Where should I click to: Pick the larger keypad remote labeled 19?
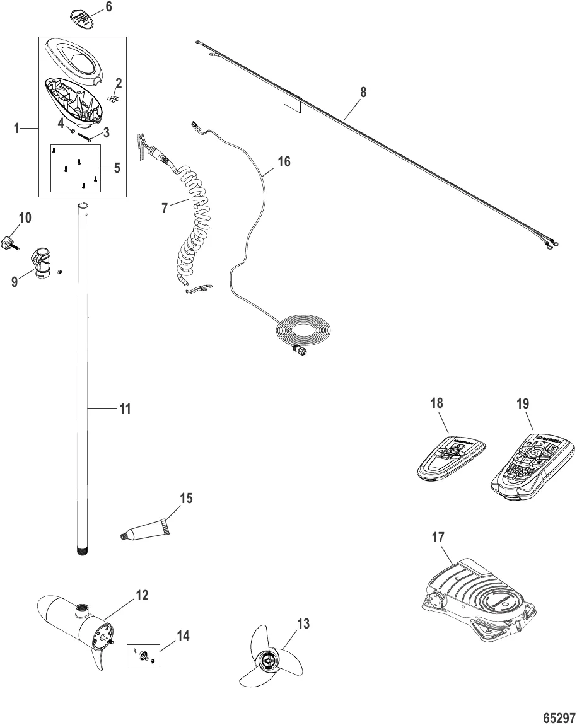tap(533, 467)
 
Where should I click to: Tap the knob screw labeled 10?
tap(9, 243)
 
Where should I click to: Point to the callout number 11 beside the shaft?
tap(125, 409)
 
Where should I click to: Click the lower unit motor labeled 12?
tap(79, 627)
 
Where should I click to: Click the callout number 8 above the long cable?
tap(363, 91)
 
